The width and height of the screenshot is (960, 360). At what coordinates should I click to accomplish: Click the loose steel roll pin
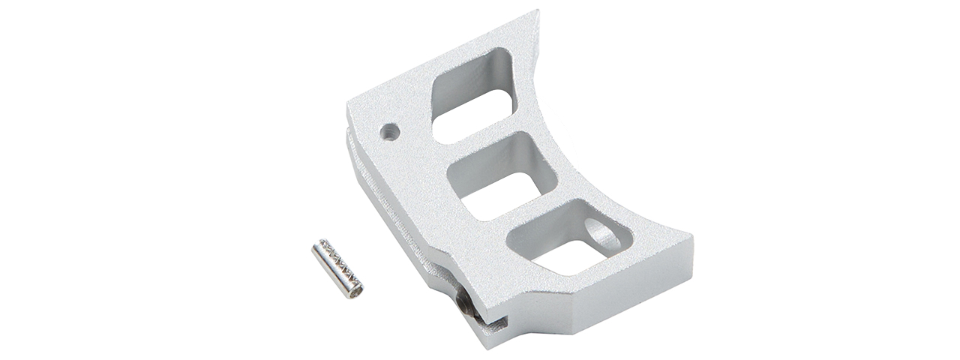pos(337,268)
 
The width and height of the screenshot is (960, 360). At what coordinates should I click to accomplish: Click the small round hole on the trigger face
pos(389,132)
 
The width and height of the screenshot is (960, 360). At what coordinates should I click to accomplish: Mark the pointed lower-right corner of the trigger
pos(691,238)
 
